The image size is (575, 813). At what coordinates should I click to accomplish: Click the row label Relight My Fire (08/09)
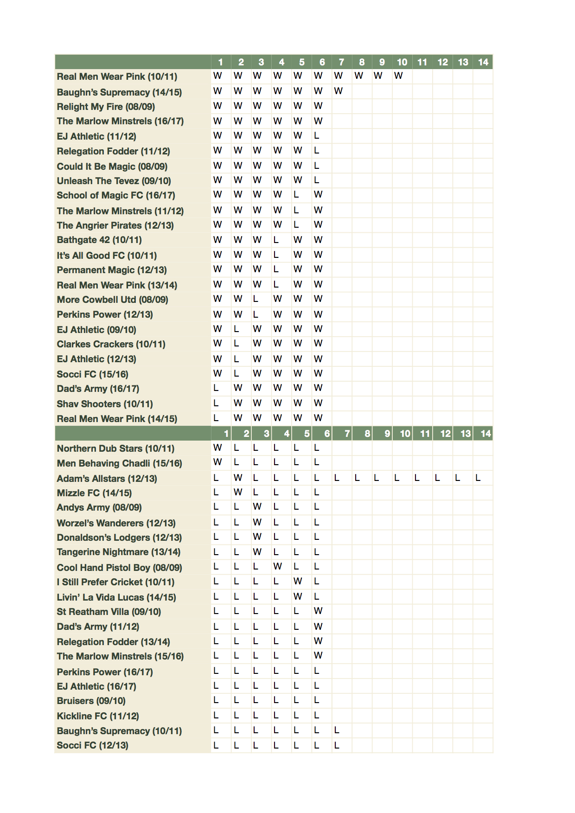tap(106, 107)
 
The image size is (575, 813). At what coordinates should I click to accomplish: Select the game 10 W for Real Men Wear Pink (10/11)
tap(398, 76)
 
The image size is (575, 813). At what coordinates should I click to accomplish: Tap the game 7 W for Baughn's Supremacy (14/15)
tap(338, 91)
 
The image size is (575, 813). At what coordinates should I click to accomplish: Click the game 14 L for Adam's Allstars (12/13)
tap(478, 478)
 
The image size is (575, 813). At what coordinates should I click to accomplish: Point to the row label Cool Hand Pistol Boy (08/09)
tap(119, 568)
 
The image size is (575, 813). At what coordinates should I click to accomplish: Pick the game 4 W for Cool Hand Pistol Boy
tap(277, 566)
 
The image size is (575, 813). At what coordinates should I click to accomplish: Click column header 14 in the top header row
tap(483, 62)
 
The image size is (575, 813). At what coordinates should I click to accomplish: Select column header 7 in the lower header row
tap(347, 434)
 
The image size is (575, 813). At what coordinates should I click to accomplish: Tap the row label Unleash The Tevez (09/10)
tap(114, 181)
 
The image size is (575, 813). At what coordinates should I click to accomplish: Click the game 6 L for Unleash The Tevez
tap(317, 180)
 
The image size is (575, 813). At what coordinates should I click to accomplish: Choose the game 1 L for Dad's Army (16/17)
tap(216, 388)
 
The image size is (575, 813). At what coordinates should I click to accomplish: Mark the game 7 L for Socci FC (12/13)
tap(337, 745)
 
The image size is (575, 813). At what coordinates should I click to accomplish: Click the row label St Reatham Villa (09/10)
tap(109, 612)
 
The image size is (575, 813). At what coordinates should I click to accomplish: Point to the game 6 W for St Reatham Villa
tap(318, 611)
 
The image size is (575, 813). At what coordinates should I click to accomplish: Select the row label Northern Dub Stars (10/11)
tap(115, 448)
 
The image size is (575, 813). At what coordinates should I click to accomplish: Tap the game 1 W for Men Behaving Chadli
tap(217, 462)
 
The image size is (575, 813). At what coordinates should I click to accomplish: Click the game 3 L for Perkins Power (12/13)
tap(256, 314)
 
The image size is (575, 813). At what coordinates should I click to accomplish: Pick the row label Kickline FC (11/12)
tap(98, 716)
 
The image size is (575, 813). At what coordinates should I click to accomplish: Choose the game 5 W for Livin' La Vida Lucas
tap(298, 596)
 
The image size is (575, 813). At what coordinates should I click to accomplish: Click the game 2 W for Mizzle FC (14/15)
tap(238, 492)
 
